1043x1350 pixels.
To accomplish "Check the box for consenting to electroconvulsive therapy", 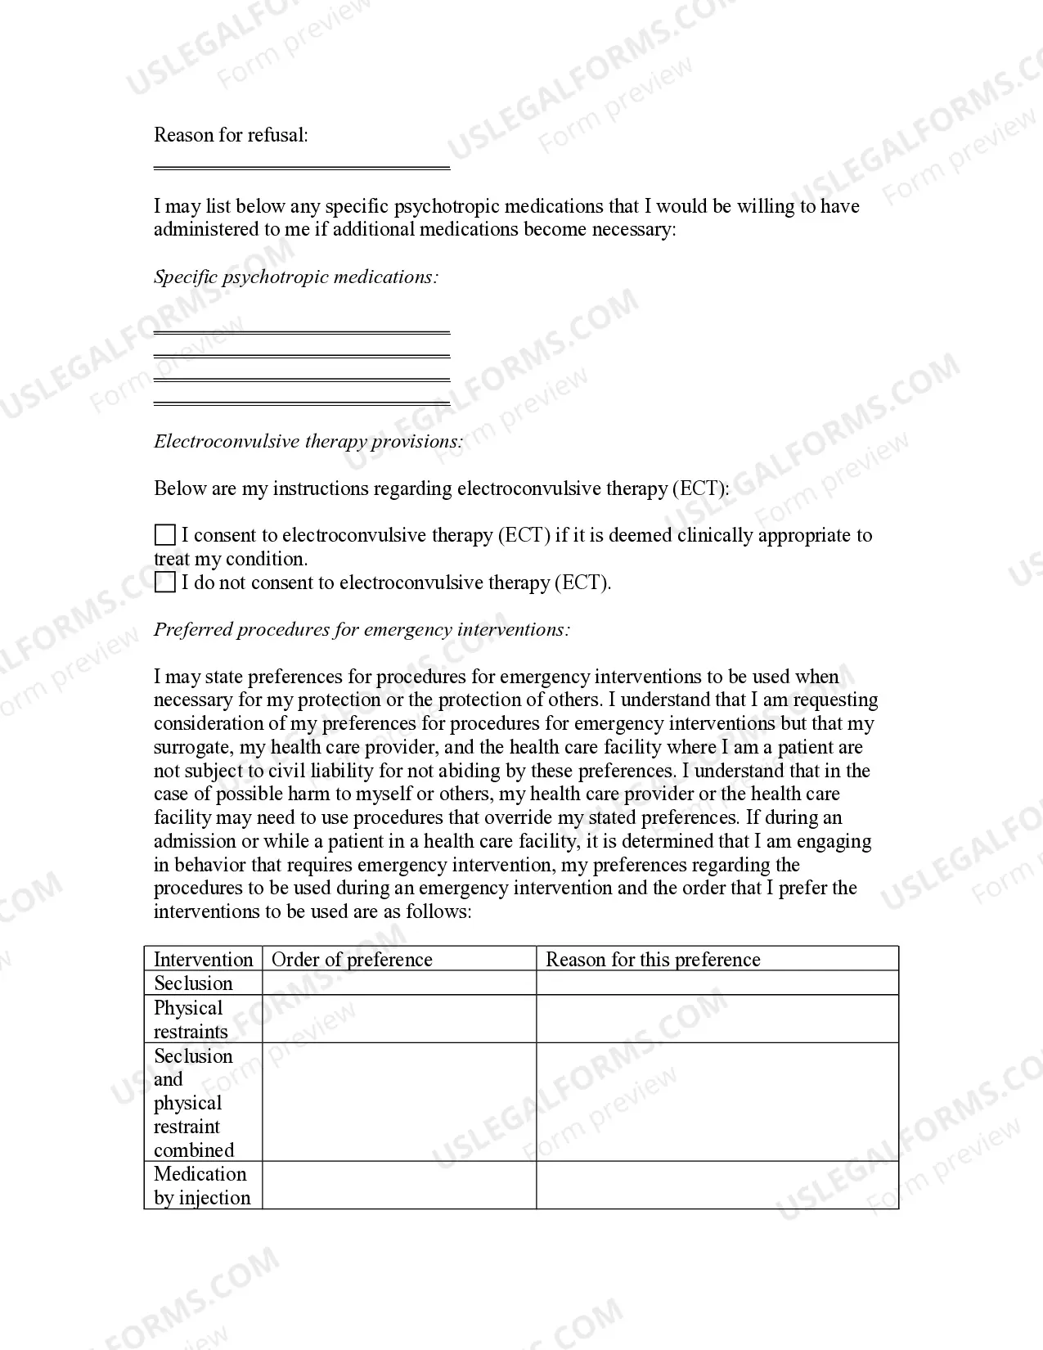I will pyautogui.click(x=165, y=535).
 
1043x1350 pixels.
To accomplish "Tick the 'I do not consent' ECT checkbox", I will pyautogui.click(x=165, y=583).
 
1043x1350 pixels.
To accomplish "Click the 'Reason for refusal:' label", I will pyautogui.click(x=231, y=135).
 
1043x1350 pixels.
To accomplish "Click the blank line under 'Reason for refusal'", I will pyautogui.click(x=302, y=167).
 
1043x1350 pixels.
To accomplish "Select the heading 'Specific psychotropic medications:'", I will pyautogui.click(x=296, y=277).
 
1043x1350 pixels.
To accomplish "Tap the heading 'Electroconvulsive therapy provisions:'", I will pyautogui.click(x=308, y=442).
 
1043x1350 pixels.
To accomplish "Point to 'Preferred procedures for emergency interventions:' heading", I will pyautogui.click(x=362, y=630).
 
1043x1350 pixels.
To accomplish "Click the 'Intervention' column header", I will pyautogui.click(x=203, y=959).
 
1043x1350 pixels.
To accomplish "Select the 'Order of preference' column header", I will pyautogui.click(x=352, y=959).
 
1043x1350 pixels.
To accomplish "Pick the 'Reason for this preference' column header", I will pyautogui.click(x=653, y=959).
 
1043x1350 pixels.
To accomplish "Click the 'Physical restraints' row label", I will pyautogui.click(x=190, y=1019).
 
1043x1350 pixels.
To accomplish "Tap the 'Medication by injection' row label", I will pyautogui.click(x=201, y=1186).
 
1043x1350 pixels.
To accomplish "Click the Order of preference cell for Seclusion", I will pyautogui.click(x=398, y=983).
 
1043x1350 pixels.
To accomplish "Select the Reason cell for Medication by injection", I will pyautogui.click(x=717, y=1186).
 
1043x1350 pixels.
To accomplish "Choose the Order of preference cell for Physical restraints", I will pyautogui.click(x=398, y=1019).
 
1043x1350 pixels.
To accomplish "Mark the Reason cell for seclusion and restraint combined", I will pyautogui.click(x=717, y=1102).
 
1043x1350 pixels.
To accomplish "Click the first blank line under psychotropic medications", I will pyautogui.click(x=302, y=332).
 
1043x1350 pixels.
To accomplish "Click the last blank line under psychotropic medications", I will pyautogui.click(x=302, y=403).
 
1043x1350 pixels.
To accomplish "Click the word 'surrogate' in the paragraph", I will pyautogui.click(x=193, y=748).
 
